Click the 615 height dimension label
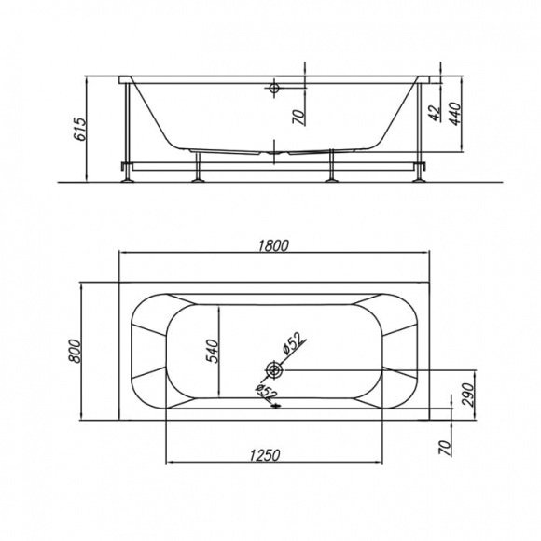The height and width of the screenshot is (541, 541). (x=80, y=130)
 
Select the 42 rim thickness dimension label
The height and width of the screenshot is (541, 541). (x=435, y=113)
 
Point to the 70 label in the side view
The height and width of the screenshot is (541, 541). (x=299, y=117)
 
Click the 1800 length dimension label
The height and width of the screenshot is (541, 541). (x=273, y=245)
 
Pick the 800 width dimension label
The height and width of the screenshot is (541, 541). (x=75, y=351)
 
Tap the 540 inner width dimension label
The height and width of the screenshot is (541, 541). (x=212, y=352)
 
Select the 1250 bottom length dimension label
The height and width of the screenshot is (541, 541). (x=265, y=455)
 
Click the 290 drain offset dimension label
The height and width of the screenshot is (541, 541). (x=468, y=395)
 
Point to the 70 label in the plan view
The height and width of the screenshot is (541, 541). (x=445, y=448)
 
